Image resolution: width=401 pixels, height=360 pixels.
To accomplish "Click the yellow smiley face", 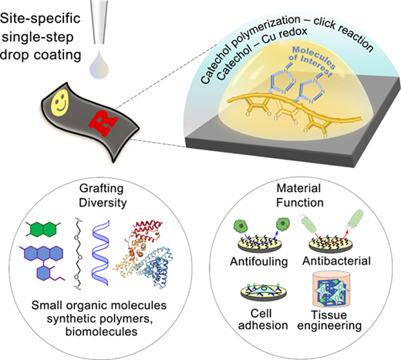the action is pyautogui.click(x=60, y=103).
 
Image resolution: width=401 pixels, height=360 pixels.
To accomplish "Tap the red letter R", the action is pyautogui.click(x=103, y=123).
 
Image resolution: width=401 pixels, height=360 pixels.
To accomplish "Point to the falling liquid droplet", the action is pyautogui.click(x=99, y=65).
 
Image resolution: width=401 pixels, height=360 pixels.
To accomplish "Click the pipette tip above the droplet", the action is pyautogui.click(x=99, y=22).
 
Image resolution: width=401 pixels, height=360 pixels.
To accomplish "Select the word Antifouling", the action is pyautogui.click(x=258, y=261).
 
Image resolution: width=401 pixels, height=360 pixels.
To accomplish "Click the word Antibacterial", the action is pyautogui.click(x=336, y=261).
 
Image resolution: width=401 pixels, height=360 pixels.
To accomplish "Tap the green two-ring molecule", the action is pyautogui.click(x=43, y=229).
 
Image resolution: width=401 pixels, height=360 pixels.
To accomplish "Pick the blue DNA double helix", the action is pyautogui.click(x=101, y=253).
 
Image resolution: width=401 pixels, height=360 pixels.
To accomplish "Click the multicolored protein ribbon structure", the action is pyautogui.click(x=143, y=254).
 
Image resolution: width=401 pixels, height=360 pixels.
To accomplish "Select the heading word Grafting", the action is pyautogui.click(x=102, y=189).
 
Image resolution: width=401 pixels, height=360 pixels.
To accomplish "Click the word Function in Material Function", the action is pyautogui.click(x=300, y=203).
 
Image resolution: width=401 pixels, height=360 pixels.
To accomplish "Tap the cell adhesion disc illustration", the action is pyautogui.click(x=264, y=292).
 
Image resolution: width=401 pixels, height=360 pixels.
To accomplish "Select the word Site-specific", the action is pyautogui.click(x=40, y=19).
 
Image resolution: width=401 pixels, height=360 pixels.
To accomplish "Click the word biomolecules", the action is pyautogui.click(x=101, y=331).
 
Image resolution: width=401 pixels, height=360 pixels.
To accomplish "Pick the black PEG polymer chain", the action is pyautogui.click(x=78, y=254).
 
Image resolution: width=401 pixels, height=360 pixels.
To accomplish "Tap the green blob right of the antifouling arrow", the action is pyautogui.click(x=283, y=224).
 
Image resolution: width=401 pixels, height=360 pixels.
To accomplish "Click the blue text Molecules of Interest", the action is pyautogui.click(x=312, y=62).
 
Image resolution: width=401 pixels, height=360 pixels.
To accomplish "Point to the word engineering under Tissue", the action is pyautogui.click(x=329, y=325).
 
